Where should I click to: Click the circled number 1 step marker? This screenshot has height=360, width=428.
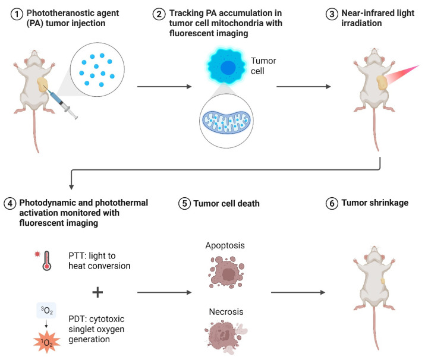(x=17, y=14)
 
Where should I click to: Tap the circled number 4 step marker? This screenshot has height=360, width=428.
(x=10, y=204)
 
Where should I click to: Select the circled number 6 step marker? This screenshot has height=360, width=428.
(x=332, y=204)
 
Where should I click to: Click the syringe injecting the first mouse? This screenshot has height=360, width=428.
(x=61, y=102)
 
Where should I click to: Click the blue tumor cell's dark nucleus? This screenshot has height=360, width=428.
(x=228, y=68)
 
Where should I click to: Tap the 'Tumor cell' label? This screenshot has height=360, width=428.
(x=263, y=66)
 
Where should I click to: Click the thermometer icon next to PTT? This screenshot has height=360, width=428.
(x=47, y=261)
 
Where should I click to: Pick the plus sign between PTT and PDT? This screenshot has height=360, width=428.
(x=97, y=292)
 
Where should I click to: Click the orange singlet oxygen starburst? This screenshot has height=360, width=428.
(x=47, y=342)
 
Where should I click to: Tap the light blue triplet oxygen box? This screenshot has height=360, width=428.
(x=46, y=310)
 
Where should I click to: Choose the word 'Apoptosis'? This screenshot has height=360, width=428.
(x=225, y=245)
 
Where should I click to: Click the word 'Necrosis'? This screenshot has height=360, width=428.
(x=226, y=312)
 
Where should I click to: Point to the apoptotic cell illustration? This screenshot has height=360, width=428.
(x=226, y=272)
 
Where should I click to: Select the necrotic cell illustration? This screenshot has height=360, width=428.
(x=226, y=337)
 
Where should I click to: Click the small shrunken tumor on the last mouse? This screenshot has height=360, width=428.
(x=383, y=281)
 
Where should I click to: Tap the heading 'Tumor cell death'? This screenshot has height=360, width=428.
(x=226, y=203)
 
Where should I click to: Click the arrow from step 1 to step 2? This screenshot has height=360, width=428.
(x=164, y=87)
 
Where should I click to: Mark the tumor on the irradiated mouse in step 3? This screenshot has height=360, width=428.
(x=382, y=83)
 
